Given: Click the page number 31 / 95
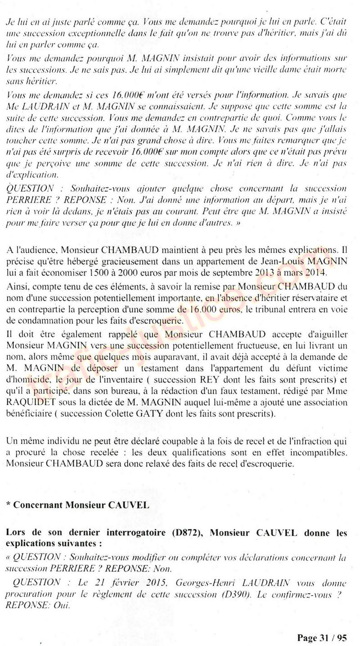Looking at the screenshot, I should click(x=322, y=637).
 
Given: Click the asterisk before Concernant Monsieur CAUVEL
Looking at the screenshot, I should click(x=9, y=505).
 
